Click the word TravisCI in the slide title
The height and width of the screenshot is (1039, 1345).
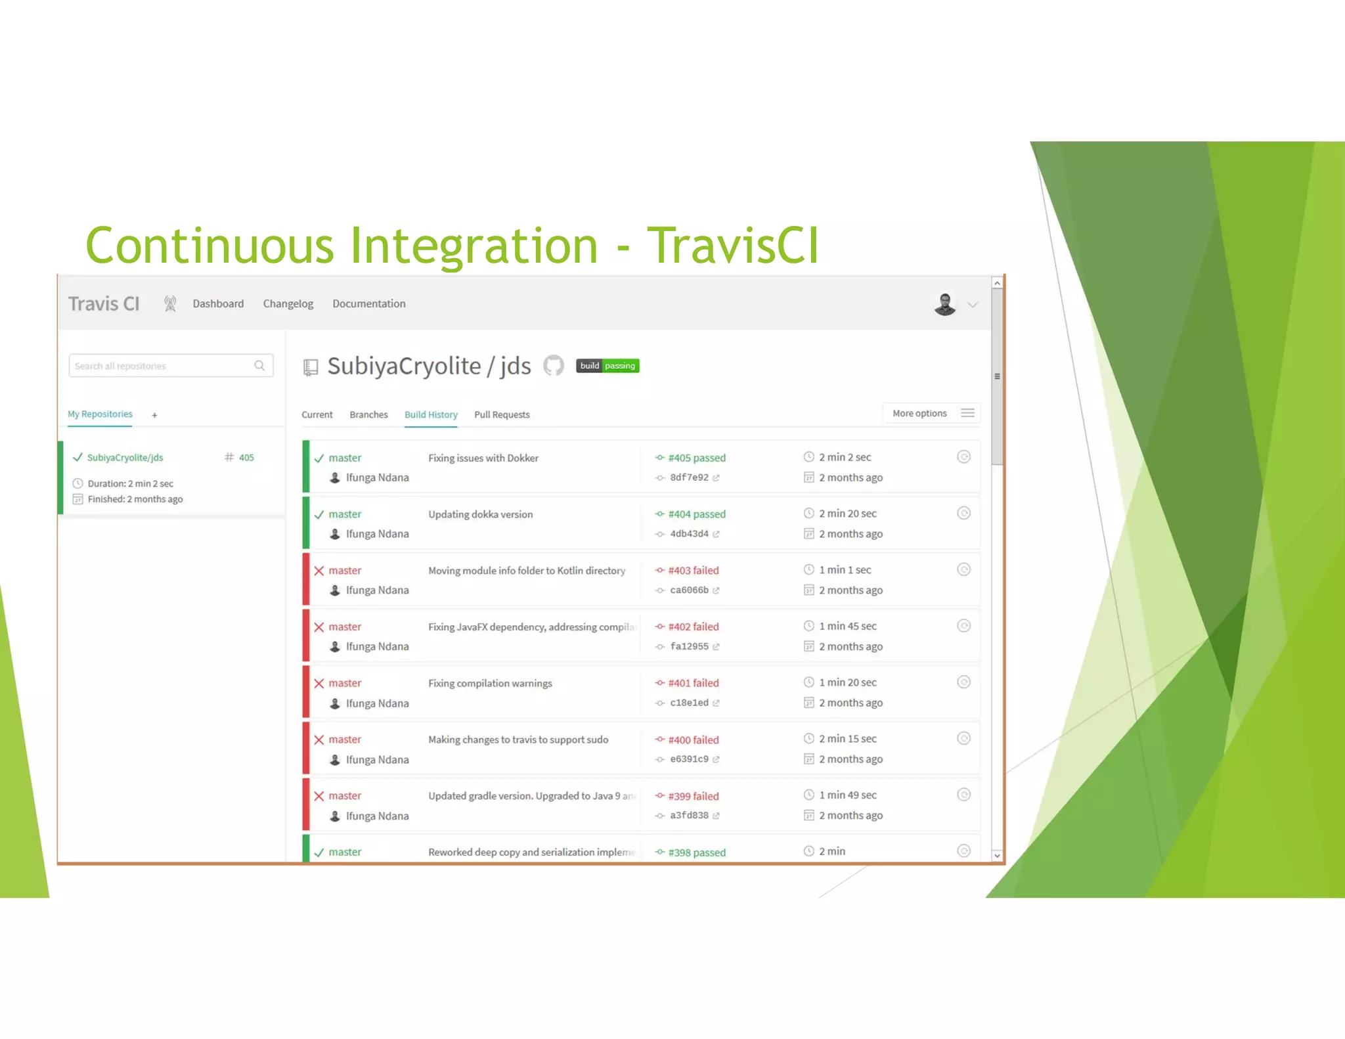pyautogui.click(x=732, y=246)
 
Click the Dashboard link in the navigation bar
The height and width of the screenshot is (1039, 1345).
pyautogui.click(x=218, y=303)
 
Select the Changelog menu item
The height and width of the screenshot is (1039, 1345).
pyautogui.click(x=288, y=303)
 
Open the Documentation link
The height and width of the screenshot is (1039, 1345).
pyautogui.click(x=368, y=303)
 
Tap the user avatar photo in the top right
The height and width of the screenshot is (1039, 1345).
pyautogui.click(x=944, y=304)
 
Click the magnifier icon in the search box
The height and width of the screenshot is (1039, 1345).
pyautogui.click(x=259, y=366)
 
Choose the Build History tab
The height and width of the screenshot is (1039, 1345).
pyautogui.click(x=431, y=414)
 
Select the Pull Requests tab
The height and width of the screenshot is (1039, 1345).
pyautogui.click(x=502, y=414)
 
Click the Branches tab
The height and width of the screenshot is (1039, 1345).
pyautogui.click(x=368, y=414)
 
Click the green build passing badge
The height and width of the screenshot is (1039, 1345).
pyautogui.click(x=607, y=366)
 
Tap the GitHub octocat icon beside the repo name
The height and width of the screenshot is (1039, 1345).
pyautogui.click(x=554, y=366)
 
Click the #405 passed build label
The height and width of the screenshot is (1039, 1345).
pyautogui.click(x=696, y=458)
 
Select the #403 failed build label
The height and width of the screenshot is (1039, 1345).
pyautogui.click(x=693, y=570)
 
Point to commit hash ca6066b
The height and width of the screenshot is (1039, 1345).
pyautogui.click(x=689, y=590)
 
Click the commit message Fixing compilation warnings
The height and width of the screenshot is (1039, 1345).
pyautogui.click(x=490, y=683)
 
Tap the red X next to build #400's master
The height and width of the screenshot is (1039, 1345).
pyautogui.click(x=319, y=740)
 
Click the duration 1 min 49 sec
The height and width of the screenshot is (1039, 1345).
pyautogui.click(x=847, y=795)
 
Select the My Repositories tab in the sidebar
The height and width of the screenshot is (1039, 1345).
pyautogui.click(x=100, y=414)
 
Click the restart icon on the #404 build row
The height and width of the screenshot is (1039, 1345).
pyautogui.click(x=963, y=513)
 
